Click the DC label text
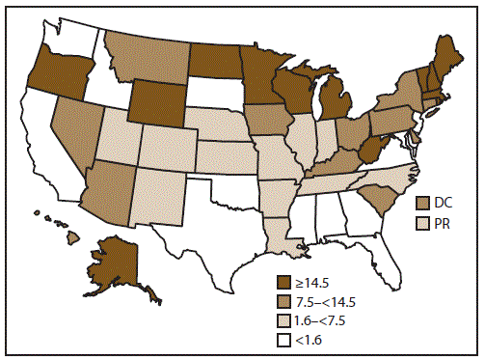445,204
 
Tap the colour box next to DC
422,204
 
